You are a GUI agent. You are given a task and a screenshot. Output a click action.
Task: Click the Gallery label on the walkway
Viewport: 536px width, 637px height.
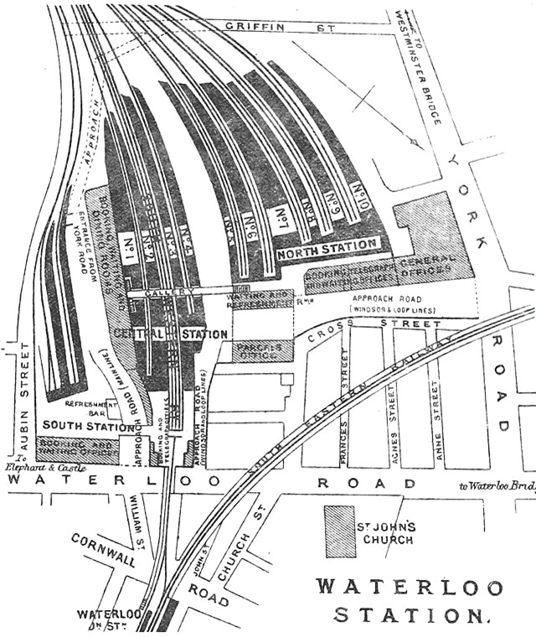coord(159,295)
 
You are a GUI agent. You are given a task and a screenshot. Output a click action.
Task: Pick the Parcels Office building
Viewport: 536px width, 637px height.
coord(263,350)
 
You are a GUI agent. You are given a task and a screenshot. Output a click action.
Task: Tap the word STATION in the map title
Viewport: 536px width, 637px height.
coord(410,615)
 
